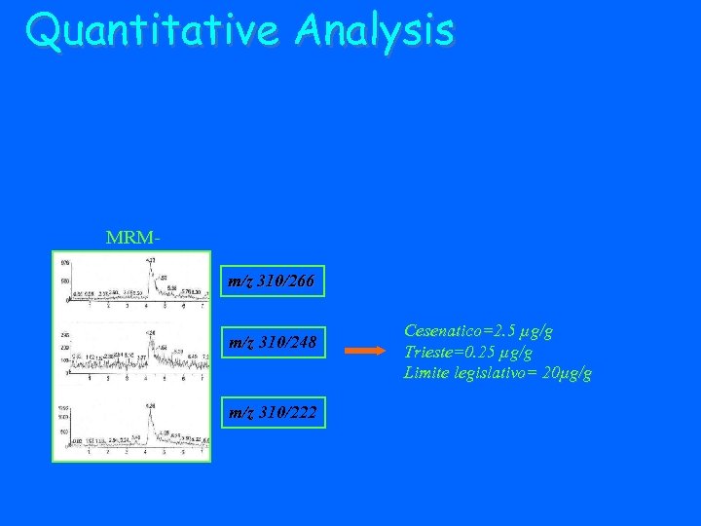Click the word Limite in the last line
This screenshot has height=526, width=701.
427,373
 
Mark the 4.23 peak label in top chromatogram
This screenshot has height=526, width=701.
150,260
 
